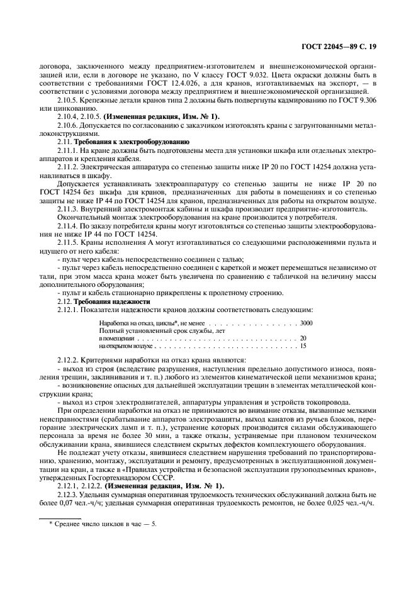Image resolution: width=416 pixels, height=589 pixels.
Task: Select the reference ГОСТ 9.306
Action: (357, 101)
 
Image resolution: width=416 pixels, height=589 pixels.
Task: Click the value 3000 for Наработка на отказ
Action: (305, 323)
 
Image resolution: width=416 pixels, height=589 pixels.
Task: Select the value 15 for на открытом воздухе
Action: (303, 346)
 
